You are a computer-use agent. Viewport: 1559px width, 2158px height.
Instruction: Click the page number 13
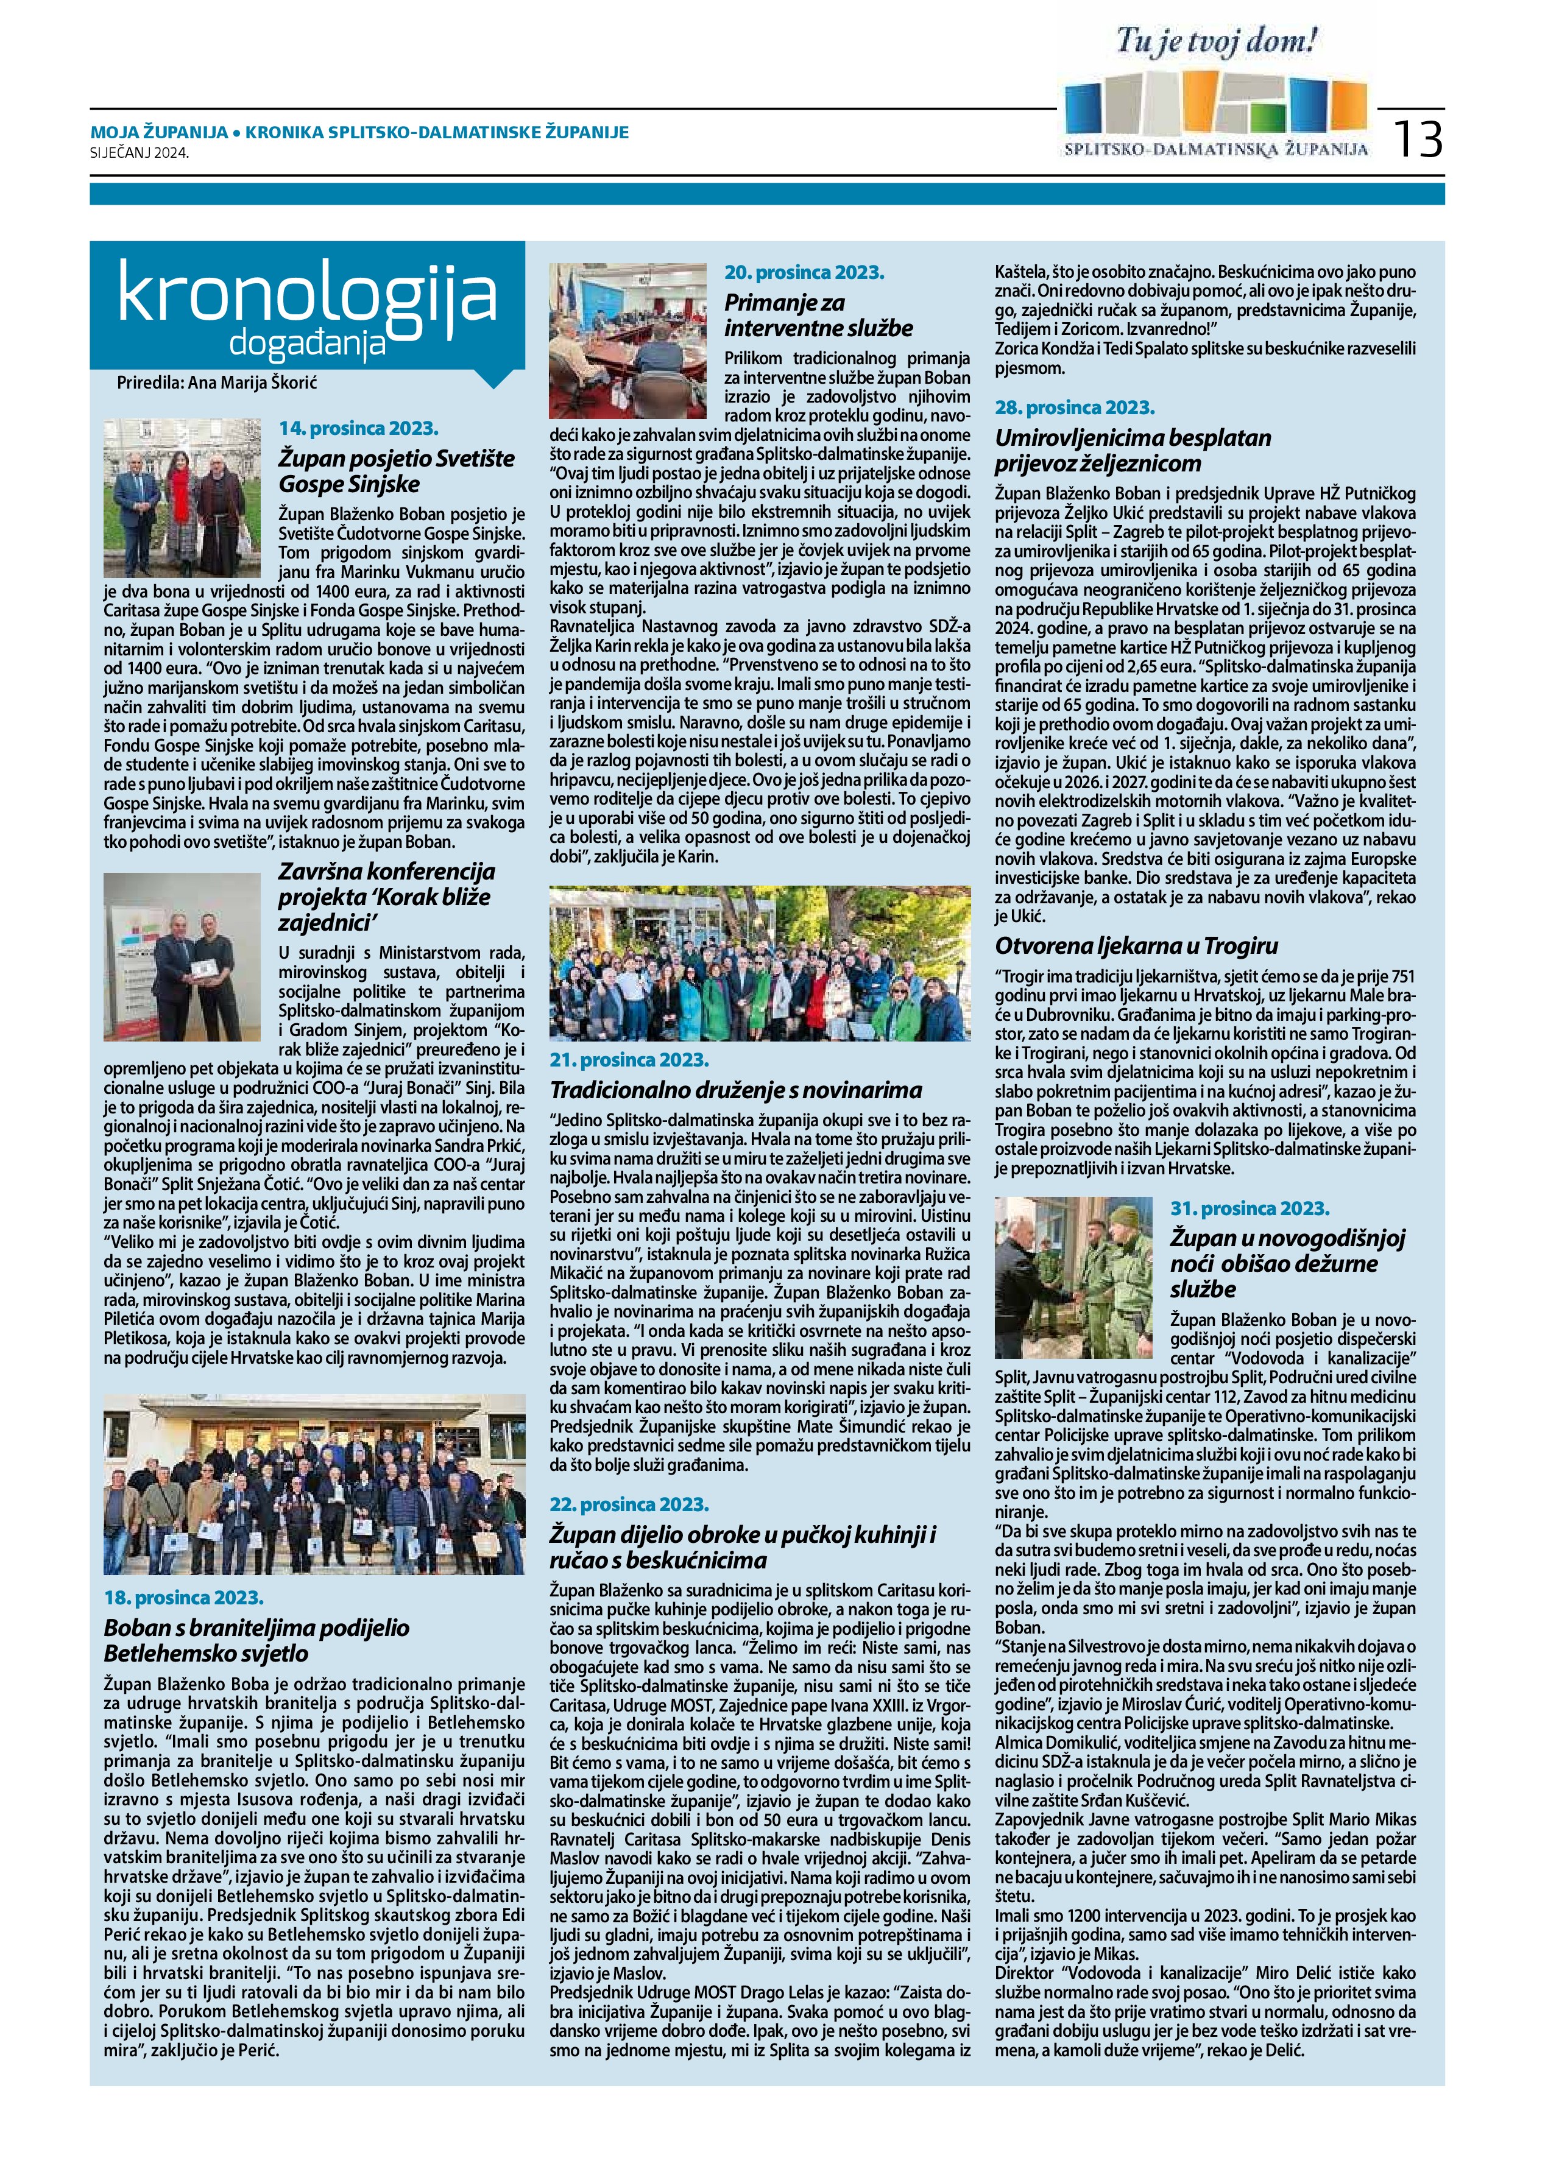tap(1418, 138)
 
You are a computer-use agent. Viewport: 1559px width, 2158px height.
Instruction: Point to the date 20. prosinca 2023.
tap(804, 272)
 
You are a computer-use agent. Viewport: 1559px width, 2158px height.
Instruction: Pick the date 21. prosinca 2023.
tap(630, 1059)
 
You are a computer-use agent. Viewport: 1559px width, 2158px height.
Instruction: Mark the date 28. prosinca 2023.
tap(1075, 407)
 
